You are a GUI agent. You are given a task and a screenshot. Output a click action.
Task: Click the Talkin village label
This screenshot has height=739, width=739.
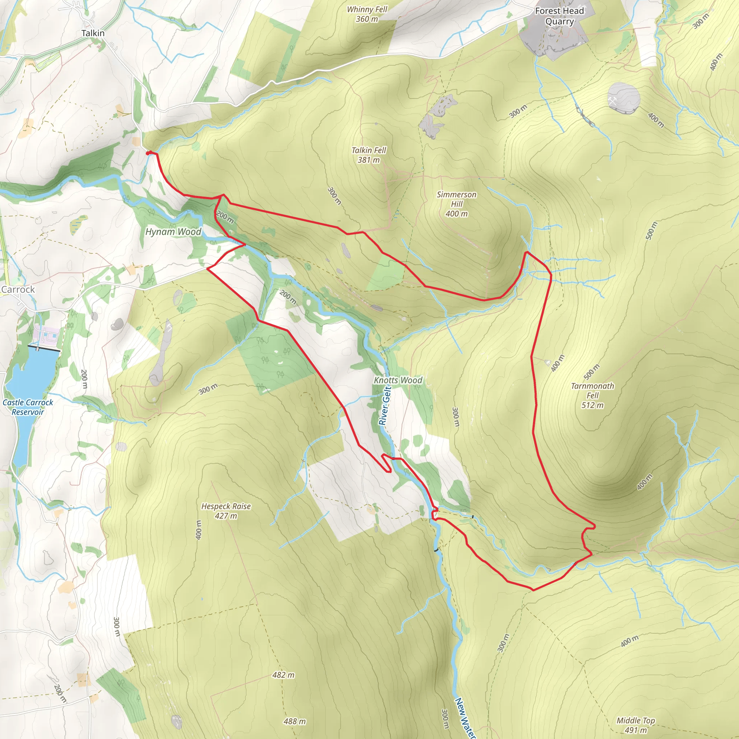click(x=93, y=33)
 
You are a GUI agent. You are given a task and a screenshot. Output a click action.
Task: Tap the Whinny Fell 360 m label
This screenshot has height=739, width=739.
click(x=367, y=14)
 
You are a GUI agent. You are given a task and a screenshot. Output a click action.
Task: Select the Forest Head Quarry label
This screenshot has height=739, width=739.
click(x=559, y=16)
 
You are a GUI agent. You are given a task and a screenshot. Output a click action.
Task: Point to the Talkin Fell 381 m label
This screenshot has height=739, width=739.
click(x=369, y=155)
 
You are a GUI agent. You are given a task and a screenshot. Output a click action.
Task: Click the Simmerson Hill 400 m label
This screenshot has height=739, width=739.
click(x=456, y=204)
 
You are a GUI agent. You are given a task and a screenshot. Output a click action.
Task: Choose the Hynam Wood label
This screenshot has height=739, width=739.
click(x=173, y=232)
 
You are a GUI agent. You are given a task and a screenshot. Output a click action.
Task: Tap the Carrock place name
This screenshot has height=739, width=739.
click(x=18, y=289)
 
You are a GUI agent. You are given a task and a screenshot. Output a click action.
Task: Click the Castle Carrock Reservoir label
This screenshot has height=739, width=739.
click(x=28, y=407)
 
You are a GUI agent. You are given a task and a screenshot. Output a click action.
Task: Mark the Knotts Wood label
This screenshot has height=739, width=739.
click(x=398, y=380)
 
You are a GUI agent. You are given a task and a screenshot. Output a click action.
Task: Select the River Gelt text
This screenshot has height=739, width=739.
click(x=385, y=406)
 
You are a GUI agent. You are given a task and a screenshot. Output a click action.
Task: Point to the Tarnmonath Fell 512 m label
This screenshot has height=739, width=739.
click(x=592, y=395)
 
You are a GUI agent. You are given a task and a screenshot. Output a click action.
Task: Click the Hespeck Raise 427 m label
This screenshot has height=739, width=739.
click(x=226, y=511)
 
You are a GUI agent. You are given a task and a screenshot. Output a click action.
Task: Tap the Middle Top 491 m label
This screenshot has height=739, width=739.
click(x=636, y=725)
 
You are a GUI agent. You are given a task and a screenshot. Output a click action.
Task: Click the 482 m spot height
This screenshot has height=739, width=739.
click(x=283, y=675)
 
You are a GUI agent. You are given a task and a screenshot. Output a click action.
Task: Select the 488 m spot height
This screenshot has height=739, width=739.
click(x=294, y=721)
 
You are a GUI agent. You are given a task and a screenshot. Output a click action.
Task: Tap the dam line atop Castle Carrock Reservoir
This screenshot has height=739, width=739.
click(x=44, y=348)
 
